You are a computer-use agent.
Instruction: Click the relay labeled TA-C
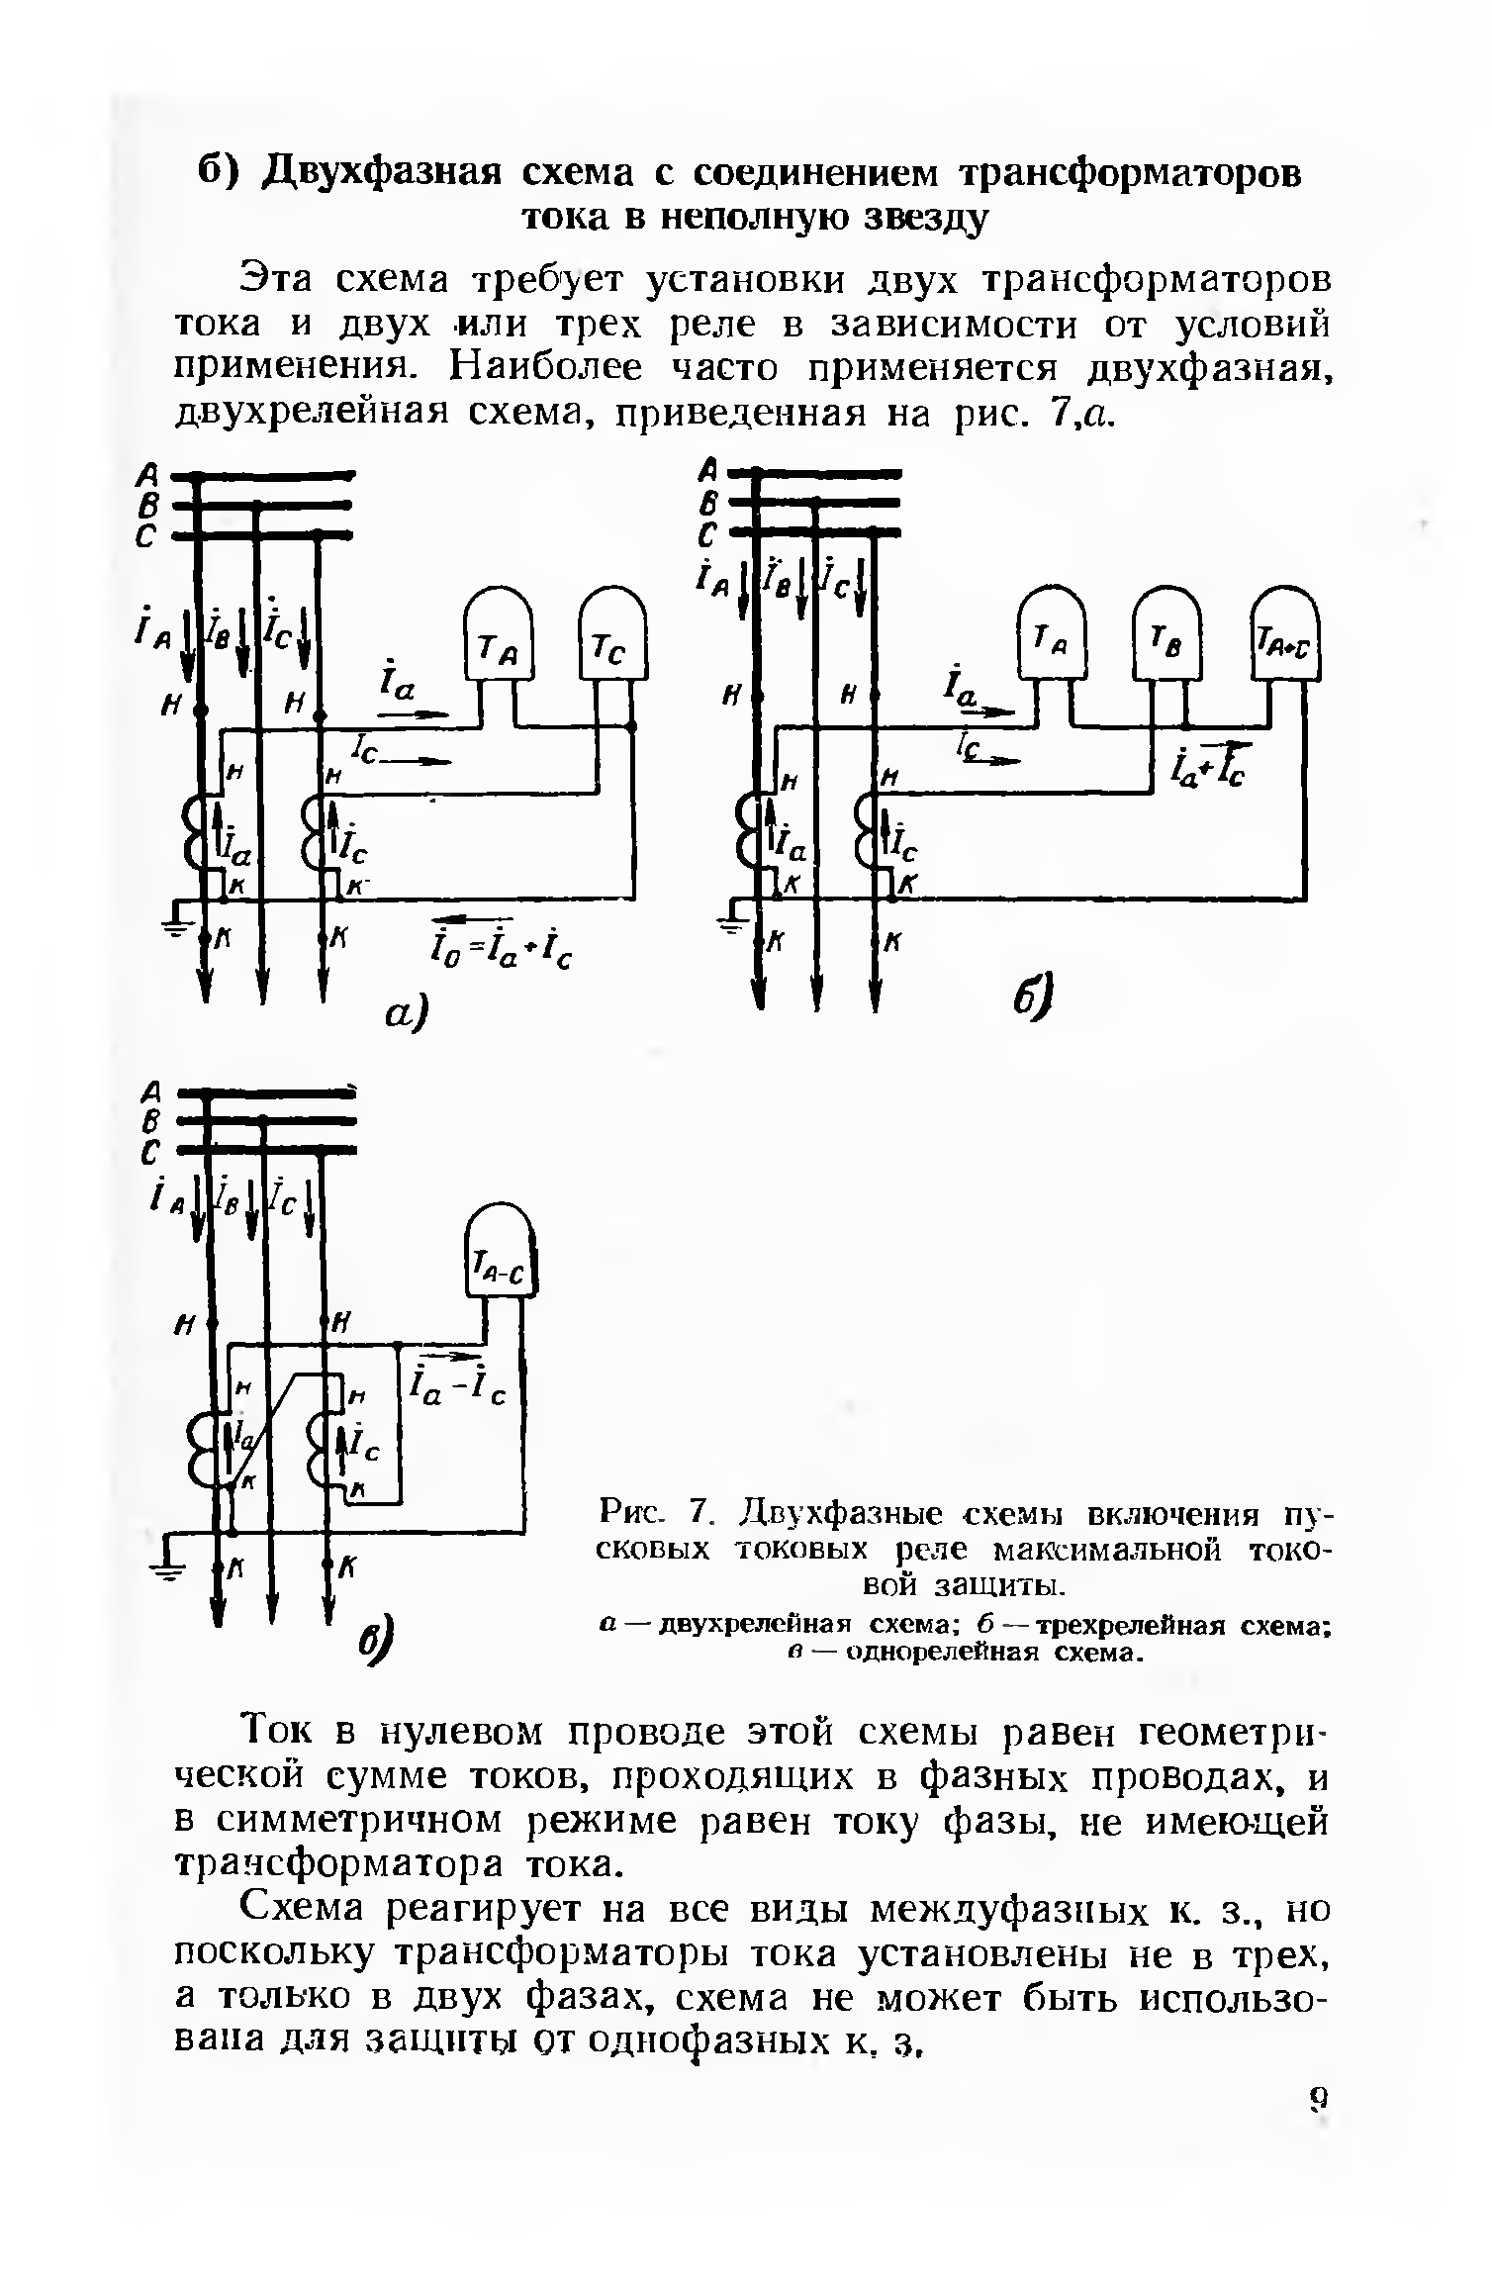pyautogui.click(x=500, y=1256)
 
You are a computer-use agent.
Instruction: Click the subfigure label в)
pyautogui.click(x=375, y=1642)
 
